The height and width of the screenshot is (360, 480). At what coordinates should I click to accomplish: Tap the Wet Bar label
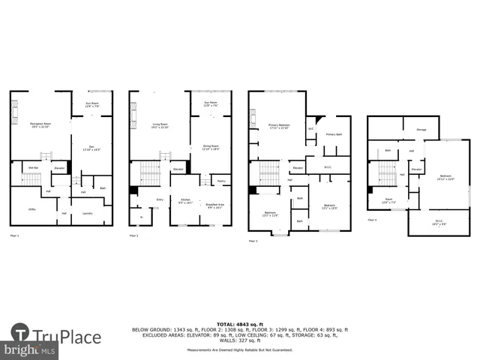(x=33, y=167)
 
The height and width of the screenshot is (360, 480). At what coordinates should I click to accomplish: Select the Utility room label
(x=32, y=210)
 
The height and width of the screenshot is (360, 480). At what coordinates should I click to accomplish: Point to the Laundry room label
(x=87, y=213)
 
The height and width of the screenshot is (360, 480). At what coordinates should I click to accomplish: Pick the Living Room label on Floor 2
(x=159, y=124)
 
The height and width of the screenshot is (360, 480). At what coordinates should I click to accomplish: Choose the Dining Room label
(x=210, y=147)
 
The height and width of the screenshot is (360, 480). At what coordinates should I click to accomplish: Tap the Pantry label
(x=222, y=181)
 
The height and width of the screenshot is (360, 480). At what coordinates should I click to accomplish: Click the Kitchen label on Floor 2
(x=184, y=200)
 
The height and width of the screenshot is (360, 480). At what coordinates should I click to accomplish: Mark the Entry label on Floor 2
(x=160, y=199)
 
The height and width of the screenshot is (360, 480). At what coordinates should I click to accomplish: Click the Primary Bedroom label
(x=279, y=125)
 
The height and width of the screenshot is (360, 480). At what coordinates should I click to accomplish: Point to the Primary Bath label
(x=334, y=134)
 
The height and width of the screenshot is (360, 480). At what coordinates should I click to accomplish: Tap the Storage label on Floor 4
(x=421, y=130)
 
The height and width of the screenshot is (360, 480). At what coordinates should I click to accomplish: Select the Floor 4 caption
(x=373, y=220)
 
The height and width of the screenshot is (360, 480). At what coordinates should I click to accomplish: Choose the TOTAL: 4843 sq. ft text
(x=240, y=323)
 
